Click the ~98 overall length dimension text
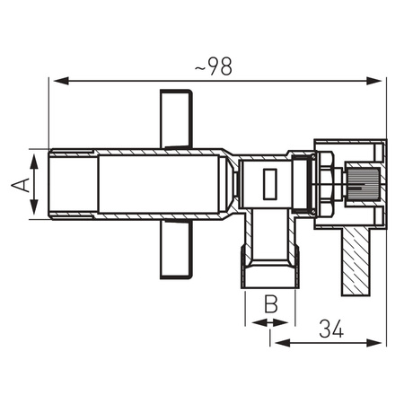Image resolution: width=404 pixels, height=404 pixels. (215, 66)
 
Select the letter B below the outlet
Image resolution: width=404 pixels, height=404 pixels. (268, 303)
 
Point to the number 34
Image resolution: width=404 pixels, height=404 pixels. (331, 329)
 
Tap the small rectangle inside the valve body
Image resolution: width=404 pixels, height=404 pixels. (268, 186)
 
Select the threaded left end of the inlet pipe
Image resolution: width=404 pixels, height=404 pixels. (72, 184)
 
